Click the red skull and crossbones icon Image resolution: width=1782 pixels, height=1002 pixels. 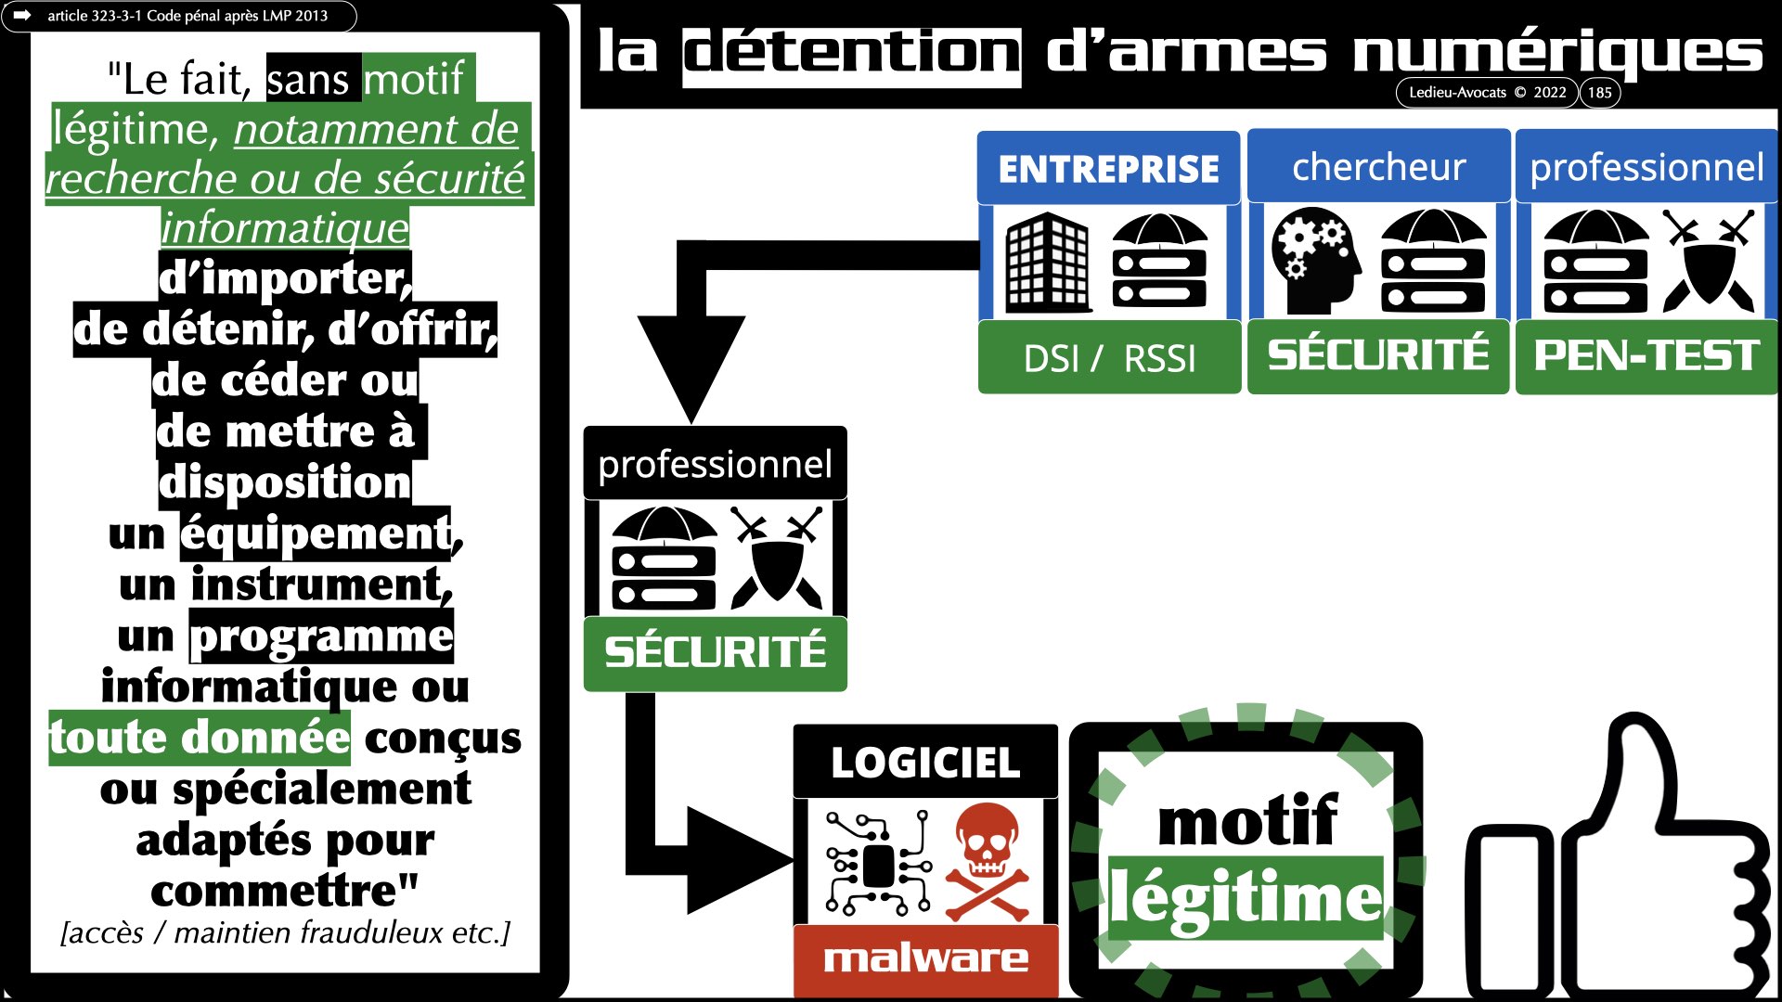(987, 861)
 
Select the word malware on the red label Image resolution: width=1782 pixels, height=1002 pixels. (925, 957)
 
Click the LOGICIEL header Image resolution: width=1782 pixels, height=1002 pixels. (925, 763)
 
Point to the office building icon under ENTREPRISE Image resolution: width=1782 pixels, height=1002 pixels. (1048, 262)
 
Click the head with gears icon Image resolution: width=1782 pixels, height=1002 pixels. (1314, 262)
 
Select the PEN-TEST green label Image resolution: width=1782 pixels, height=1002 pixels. (1646, 356)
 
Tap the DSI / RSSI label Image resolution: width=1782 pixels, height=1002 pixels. (1109, 358)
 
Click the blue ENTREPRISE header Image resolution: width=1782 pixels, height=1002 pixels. (1108, 169)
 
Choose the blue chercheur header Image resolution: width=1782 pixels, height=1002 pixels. (1378, 168)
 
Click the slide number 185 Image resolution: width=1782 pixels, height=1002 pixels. (1599, 93)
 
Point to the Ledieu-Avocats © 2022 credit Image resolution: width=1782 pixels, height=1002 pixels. (1487, 93)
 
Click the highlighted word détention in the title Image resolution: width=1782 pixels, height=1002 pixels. (851, 53)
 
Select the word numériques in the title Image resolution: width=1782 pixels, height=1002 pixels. (1557, 53)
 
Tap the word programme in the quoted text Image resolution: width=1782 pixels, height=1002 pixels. (321, 636)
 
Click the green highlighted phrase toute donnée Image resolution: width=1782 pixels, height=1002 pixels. (200, 739)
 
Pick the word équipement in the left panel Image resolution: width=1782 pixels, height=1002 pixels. (316, 534)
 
